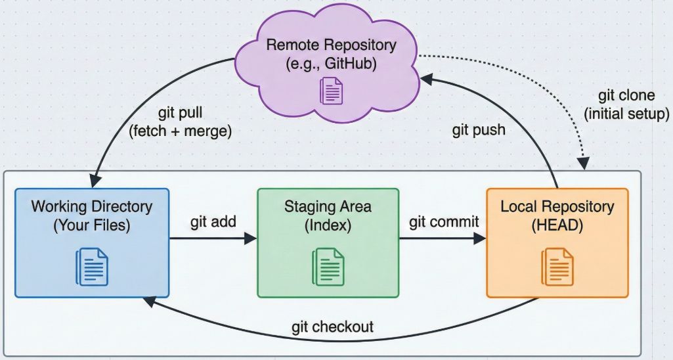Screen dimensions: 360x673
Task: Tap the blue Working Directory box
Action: tap(91, 242)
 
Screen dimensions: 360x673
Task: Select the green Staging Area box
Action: tap(328, 242)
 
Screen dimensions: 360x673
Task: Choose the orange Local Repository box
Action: tap(557, 242)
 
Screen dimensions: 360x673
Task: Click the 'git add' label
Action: tap(213, 222)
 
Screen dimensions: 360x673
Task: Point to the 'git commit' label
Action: tap(444, 222)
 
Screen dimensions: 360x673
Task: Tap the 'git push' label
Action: tap(479, 129)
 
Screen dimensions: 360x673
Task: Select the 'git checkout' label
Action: tap(333, 326)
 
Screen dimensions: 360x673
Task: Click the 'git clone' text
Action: tap(626, 97)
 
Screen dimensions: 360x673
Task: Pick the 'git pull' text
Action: tap(180, 112)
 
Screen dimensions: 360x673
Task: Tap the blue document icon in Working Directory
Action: tap(92, 266)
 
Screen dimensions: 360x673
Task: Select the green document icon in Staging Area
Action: tap(328, 266)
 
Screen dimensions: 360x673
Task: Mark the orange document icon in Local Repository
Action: tap(557, 266)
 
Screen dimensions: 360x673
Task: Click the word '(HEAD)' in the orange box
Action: tap(557, 225)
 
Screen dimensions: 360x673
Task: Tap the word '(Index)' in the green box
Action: tap(328, 225)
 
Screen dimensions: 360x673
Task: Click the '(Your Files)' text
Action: tap(91, 225)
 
